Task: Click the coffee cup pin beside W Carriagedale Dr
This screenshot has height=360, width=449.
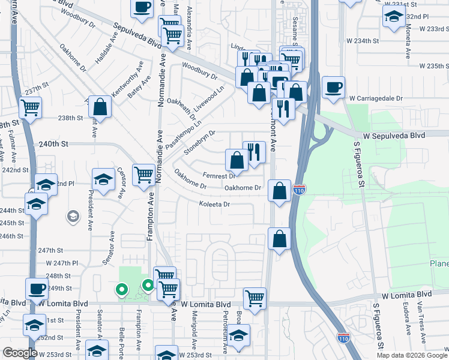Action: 333,87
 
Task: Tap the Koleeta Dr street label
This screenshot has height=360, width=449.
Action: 215,205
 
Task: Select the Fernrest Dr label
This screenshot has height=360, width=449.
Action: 218,176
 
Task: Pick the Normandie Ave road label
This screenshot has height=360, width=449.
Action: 160,81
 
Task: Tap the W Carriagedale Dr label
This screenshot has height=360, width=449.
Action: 388,96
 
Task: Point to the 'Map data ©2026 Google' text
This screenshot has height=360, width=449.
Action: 411,355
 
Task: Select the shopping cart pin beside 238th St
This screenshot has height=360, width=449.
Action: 30,108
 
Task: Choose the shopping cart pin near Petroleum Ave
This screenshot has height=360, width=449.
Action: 255,298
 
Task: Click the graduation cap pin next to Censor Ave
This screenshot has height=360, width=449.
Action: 103,179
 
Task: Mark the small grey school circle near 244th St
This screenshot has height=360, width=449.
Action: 73,215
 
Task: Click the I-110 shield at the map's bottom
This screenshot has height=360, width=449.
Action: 343,338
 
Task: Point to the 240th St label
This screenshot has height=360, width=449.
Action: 55,145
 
